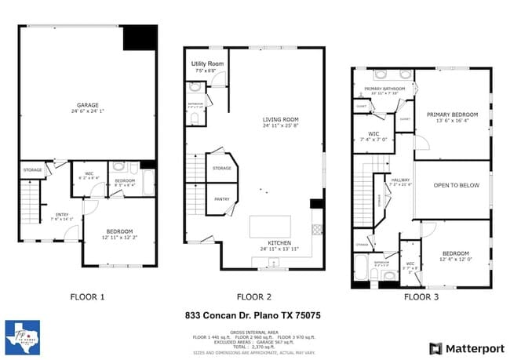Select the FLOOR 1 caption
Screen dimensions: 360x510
click(87, 297)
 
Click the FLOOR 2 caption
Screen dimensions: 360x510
click(254, 297)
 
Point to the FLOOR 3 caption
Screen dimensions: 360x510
click(421, 297)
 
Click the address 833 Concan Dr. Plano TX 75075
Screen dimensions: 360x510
click(253, 316)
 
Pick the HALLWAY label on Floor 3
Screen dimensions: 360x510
click(401, 183)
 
